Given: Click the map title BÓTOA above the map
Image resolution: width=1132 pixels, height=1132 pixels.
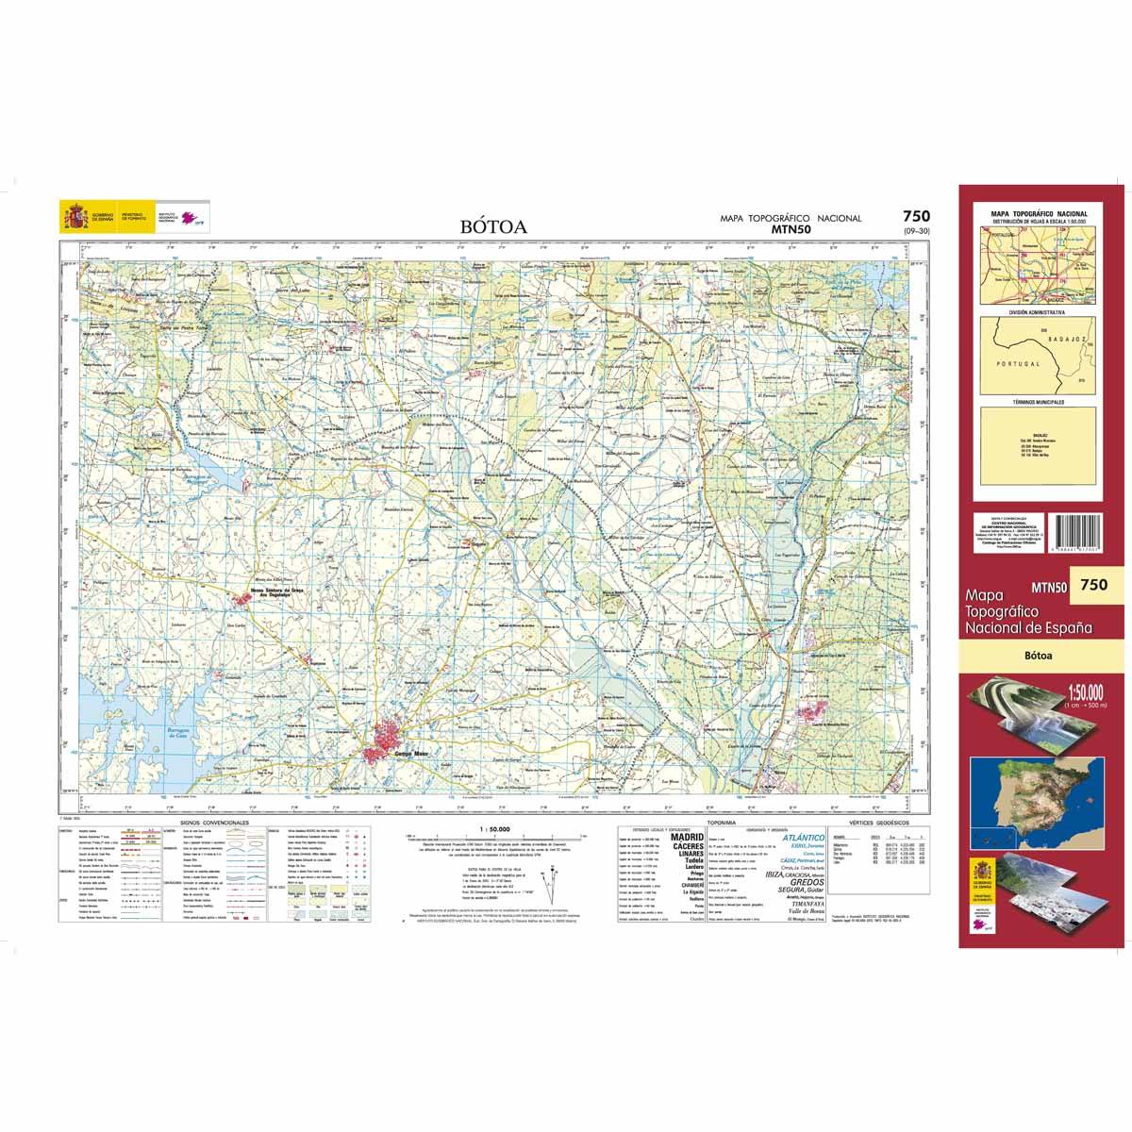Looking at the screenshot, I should tap(494, 226).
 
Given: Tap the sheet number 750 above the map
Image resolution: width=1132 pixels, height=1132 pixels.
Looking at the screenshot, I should tap(916, 217).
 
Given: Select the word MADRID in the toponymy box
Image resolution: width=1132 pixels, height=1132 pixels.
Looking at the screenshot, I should tap(686, 836).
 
